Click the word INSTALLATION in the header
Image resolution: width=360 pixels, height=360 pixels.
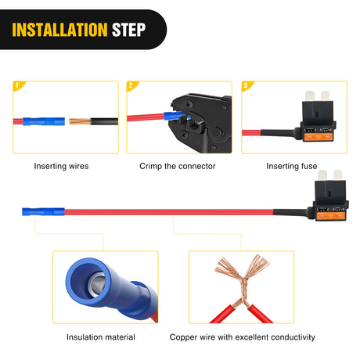coord(59,30)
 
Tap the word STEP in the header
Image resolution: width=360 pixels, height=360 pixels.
coord(128,30)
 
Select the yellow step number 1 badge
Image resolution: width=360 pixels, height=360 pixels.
coord(18,86)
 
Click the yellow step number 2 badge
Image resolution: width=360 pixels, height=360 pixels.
coord(132,86)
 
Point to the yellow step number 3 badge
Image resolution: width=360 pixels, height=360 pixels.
coord(247,86)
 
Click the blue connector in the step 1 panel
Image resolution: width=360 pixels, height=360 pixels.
coord(44,121)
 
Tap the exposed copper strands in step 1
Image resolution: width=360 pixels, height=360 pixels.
coord(80,121)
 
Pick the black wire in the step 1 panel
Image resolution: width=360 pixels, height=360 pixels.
coord(104,121)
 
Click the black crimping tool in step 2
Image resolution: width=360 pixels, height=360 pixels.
coord(202,123)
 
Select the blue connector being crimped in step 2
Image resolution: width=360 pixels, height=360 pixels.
coord(174,116)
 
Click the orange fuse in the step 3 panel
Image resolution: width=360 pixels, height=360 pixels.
coord(318,136)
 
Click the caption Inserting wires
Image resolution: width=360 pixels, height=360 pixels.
coord(61,166)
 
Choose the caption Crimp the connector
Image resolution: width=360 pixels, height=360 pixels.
coord(178,166)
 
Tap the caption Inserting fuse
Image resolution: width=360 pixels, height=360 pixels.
coord(292,166)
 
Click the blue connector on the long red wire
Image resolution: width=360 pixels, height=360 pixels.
coord(43,211)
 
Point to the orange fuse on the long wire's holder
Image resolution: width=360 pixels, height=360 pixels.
coord(330,216)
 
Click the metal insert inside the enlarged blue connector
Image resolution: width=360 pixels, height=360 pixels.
coord(97,284)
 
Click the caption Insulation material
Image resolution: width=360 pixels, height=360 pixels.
coord(101,337)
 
